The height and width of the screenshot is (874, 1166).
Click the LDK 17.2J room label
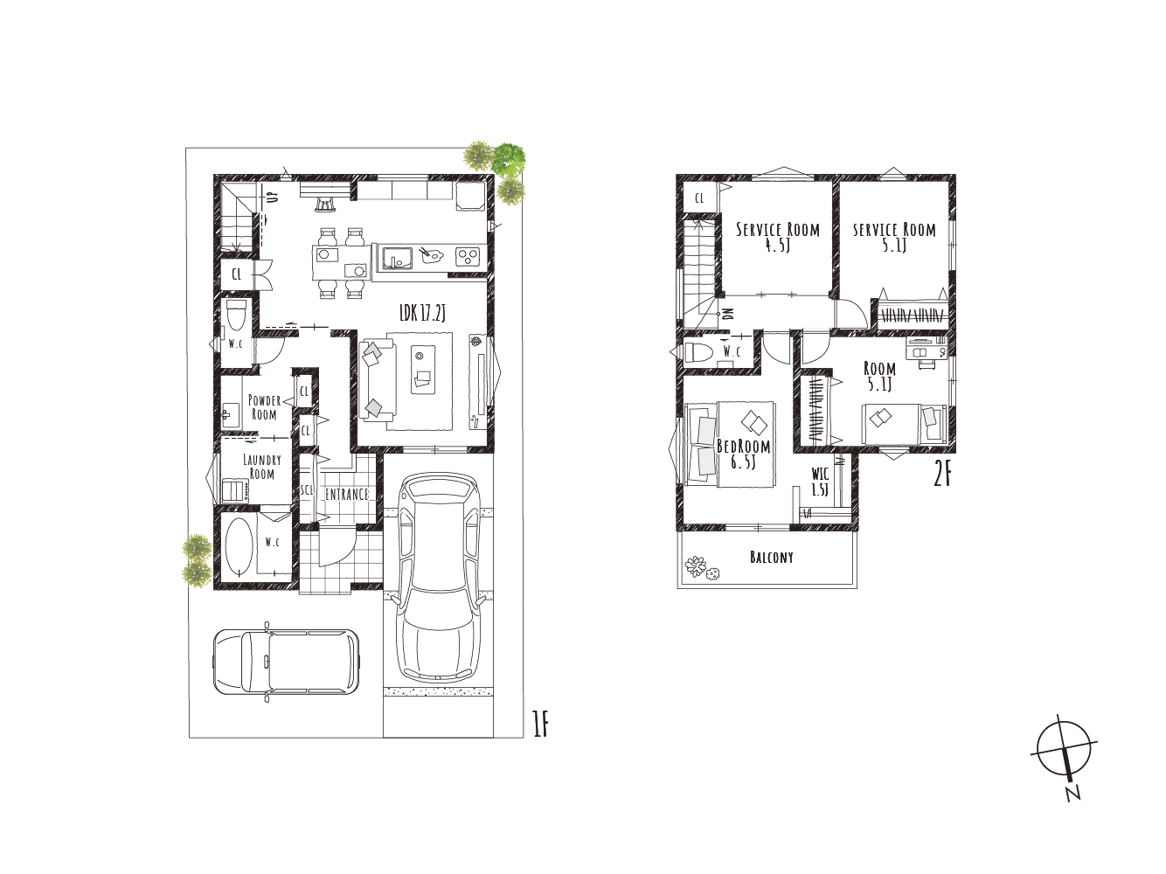click(422, 314)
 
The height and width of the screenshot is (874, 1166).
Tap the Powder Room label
click(264, 407)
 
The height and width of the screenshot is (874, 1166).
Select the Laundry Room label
click(262, 466)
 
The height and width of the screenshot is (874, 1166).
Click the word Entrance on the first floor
click(347, 495)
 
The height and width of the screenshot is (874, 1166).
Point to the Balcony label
click(771, 557)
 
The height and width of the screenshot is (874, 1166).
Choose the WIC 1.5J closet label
click(820, 482)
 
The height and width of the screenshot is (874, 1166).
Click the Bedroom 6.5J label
click(743, 454)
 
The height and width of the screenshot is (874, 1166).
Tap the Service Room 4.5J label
click(778, 238)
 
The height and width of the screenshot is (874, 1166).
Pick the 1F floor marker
click(540, 725)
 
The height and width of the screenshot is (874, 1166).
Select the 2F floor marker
click(942, 475)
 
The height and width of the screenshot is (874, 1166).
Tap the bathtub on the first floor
click(238, 547)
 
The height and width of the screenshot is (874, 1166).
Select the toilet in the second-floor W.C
click(697, 351)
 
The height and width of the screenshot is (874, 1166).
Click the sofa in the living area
click(377, 379)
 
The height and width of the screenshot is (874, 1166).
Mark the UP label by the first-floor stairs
click(273, 197)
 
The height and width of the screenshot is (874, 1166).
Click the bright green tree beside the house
click(509, 158)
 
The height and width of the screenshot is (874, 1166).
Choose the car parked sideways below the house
click(287, 662)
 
